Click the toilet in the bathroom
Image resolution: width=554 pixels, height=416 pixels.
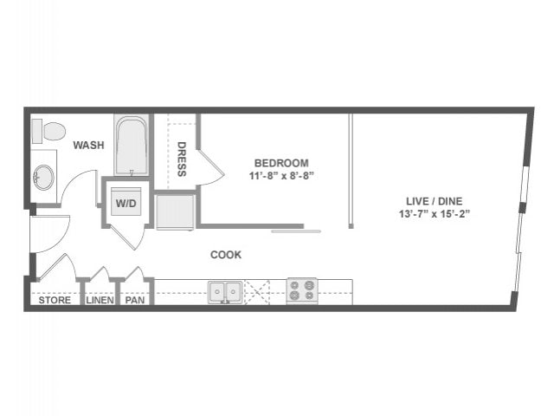[x=49, y=132]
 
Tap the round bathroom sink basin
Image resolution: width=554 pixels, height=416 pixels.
[x=42, y=179]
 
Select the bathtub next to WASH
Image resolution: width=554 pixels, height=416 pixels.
[x=132, y=145]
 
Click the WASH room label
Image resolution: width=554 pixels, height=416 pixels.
[x=88, y=146]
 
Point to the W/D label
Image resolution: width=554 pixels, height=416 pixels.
[x=126, y=204]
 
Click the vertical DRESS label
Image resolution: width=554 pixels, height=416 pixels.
[x=182, y=159]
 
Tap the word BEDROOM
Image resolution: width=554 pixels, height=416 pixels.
[x=281, y=163]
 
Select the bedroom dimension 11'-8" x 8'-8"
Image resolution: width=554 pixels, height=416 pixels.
[x=282, y=175]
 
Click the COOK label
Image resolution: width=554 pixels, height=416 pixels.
[x=226, y=255]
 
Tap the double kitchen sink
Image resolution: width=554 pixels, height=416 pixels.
[x=224, y=291]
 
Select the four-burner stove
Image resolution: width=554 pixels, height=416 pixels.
[x=301, y=291]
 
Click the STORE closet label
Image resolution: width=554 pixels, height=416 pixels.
[x=55, y=302]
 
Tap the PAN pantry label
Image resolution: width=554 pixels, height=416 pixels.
[x=134, y=302]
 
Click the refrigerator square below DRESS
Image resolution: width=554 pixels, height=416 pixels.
[x=176, y=210]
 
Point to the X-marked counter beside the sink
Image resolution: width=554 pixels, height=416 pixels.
[x=257, y=291]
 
